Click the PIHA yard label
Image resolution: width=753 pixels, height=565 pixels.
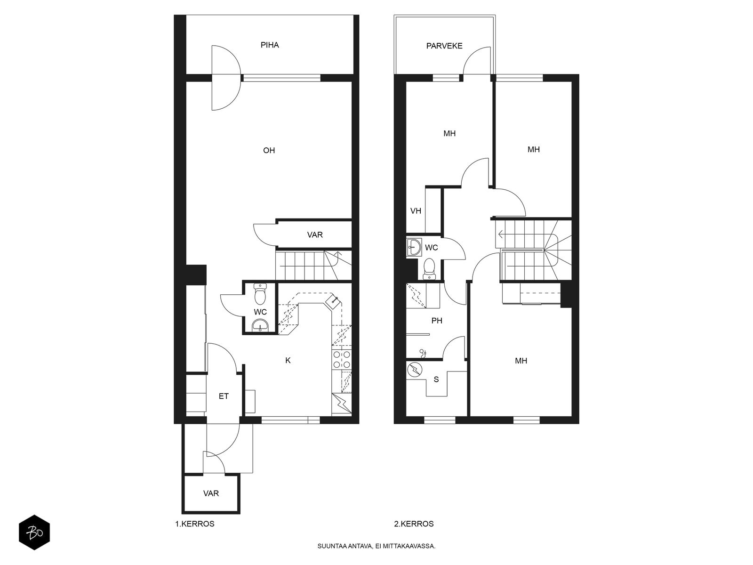pyautogui.click(x=270, y=45)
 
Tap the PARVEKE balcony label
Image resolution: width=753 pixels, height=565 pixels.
pyautogui.click(x=444, y=46)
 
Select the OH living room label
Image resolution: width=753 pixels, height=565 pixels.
pyautogui.click(x=269, y=150)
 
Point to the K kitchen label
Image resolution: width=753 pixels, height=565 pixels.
pyautogui.click(x=288, y=360)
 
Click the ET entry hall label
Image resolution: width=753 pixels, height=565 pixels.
pyautogui.click(x=224, y=396)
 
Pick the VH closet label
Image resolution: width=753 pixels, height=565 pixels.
pyautogui.click(x=416, y=210)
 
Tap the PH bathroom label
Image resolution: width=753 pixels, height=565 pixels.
pyautogui.click(x=437, y=321)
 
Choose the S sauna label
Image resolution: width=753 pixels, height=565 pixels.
pyautogui.click(x=436, y=379)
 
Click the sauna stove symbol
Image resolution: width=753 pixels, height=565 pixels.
pyautogui.click(x=415, y=370)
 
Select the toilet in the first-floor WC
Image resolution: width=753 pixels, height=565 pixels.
pyautogui.click(x=260, y=294)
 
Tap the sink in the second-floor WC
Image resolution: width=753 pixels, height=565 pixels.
pyautogui.click(x=415, y=247)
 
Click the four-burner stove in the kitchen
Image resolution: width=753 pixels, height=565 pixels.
pyautogui.click(x=342, y=360)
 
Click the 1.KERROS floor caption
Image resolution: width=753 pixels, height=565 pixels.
pyautogui.click(x=195, y=524)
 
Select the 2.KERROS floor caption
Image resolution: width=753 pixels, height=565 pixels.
pyautogui.click(x=414, y=524)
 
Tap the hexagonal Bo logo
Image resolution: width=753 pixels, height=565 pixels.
pyautogui.click(x=34, y=533)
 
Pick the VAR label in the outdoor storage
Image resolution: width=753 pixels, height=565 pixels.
pyautogui.click(x=211, y=493)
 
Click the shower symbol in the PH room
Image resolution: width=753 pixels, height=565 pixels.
pyautogui.click(x=423, y=352)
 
